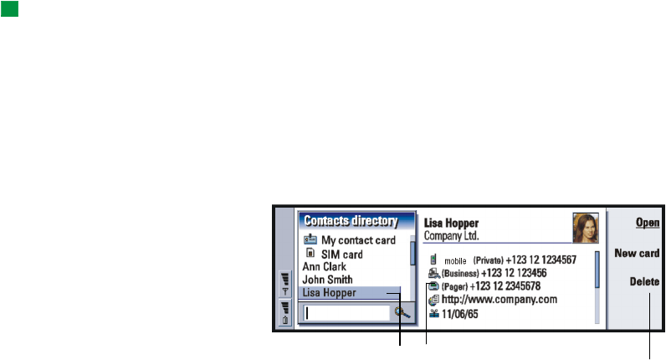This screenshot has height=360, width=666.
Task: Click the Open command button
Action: click(x=648, y=223)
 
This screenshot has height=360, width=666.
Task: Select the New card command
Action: click(x=637, y=252)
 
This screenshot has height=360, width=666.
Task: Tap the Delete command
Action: click(x=645, y=282)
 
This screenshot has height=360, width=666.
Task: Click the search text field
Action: click(x=346, y=313)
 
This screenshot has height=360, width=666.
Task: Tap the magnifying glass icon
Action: click(x=402, y=313)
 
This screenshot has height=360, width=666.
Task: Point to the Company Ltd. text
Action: click(x=452, y=236)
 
